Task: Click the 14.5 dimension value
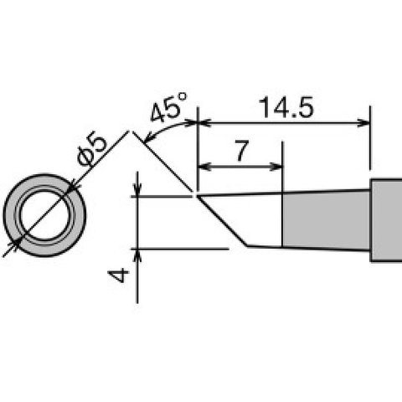click(x=286, y=107)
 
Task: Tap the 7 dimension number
click(x=242, y=151)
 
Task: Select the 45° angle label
click(x=168, y=108)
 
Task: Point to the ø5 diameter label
click(x=92, y=151)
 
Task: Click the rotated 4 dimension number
click(x=119, y=276)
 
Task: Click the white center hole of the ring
click(x=44, y=215)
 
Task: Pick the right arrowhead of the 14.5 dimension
click(x=363, y=122)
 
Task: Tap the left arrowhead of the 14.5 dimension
click(x=204, y=122)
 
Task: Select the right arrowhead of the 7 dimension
click(x=276, y=167)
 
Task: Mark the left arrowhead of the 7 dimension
click(x=204, y=167)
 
